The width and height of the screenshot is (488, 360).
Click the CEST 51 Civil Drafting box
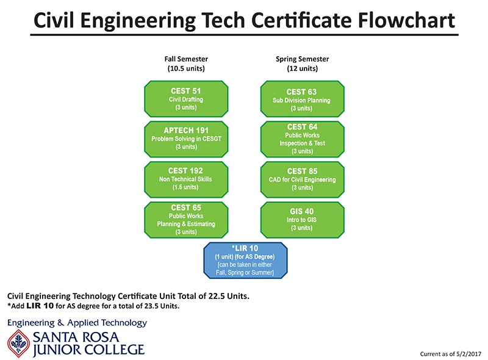(186, 99)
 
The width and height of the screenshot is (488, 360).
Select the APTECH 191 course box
(186, 139)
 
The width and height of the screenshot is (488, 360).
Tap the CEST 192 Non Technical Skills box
(186, 179)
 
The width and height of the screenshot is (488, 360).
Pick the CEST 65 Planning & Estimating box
(186, 220)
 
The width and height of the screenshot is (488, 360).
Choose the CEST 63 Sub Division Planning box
(302, 99)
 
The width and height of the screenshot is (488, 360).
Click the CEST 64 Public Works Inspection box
(302, 139)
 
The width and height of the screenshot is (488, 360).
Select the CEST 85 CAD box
(302, 179)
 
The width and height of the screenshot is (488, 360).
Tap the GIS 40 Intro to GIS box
(302, 220)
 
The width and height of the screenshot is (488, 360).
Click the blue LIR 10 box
(245, 261)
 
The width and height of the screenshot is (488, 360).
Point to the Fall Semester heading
(186, 59)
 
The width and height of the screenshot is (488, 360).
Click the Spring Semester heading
(302, 59)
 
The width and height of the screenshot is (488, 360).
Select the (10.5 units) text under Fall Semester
(186, 68)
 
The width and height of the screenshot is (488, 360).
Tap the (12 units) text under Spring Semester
(302, 68)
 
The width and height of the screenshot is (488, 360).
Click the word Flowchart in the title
(406, 20)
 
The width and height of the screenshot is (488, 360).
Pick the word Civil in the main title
(54, 20)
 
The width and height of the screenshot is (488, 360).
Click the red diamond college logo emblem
(19, 344)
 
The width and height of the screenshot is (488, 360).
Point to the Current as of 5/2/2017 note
(451, 354)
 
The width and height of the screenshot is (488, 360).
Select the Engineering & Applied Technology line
(77, 323)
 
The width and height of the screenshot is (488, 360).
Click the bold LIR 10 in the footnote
(40, 306)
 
